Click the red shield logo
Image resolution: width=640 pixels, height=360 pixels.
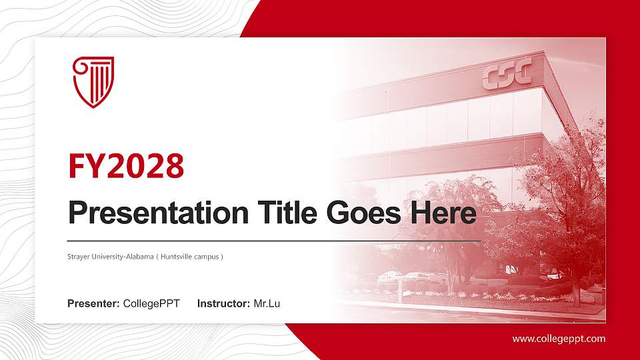[93, 81]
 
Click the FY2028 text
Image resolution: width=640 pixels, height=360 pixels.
[126, 167]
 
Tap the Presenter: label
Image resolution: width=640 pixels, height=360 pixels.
[93, 304]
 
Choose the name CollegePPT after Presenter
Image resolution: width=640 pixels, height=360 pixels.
[151, 304]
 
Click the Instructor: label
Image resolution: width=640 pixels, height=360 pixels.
[224, 304]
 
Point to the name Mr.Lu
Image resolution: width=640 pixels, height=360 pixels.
[267, 304]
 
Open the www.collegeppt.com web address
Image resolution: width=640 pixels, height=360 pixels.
[559, 339]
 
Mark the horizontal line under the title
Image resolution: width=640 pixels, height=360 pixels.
[273, 240]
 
